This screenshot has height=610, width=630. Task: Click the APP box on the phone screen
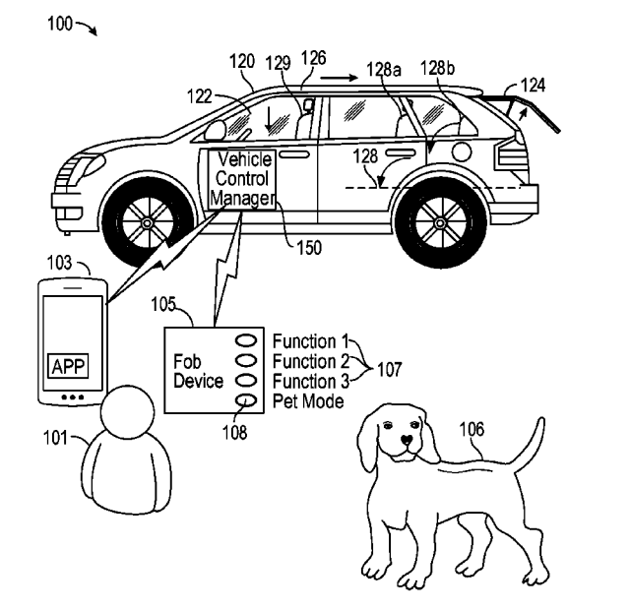coord(68,367)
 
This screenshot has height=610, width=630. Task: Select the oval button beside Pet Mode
coord(246,400)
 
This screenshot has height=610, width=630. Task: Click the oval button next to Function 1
coord(246,340)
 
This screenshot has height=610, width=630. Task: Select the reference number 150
coord(307,249)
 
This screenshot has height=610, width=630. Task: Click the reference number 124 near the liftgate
coord(533,86)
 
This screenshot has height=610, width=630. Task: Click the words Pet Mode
coord(308,400)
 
